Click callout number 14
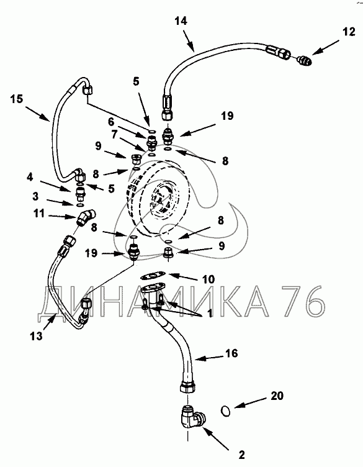pos(181,21)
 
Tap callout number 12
pos(349,31)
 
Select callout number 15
pos(17,99)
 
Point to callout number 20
pos(277,396)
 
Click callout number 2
pos(241,455)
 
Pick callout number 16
pos(231,353)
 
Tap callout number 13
pos(36,336)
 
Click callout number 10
pos(208,279)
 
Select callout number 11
pos(39,213)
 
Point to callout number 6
pos(111,122)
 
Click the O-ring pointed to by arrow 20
pos(226,411)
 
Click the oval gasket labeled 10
pos(153,276)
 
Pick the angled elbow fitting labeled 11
pos(87,217)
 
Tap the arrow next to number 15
pos(37,114)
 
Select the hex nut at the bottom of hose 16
pos(188,388)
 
